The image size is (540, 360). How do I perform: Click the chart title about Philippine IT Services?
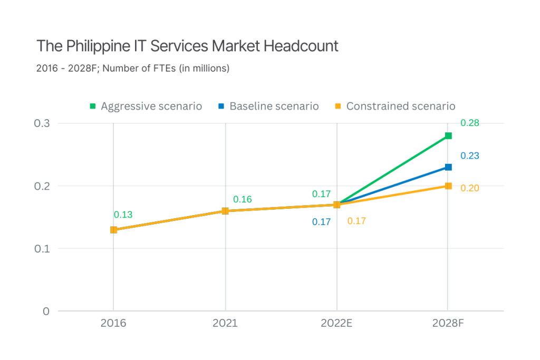click(x=187, y=46)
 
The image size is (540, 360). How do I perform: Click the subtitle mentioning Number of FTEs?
click(x=133, y=69)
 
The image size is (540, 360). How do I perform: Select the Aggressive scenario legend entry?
click(x=146, y=106)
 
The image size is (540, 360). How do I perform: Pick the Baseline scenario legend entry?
click(x=269, y=106)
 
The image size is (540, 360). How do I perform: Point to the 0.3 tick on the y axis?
click(x=42, y=123)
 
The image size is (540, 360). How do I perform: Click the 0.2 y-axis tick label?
click(x=42, y=186)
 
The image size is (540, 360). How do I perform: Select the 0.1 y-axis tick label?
click(x=42, y=248)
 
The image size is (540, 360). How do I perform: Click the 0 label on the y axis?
click(x=46, y=311)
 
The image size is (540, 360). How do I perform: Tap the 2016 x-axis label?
click(x=113, y=323)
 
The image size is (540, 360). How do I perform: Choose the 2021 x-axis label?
click(x=225, y=323)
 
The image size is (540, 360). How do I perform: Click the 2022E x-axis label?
click(x=336, y=323)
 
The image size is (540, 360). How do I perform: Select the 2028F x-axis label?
click(x=448, y=323)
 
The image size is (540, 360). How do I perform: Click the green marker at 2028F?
click(x=448, y=136)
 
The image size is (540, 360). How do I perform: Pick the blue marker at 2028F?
click(x=448, y=167)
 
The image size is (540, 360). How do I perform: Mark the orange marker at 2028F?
click(x=448, y=186)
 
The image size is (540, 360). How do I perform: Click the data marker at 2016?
click(x=113, y=230)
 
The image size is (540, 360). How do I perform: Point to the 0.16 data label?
click(x=243, y=199)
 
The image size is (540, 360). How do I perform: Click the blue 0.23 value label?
click(x=469, y=156)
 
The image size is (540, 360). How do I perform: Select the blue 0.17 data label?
click(x=321, y=222)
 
